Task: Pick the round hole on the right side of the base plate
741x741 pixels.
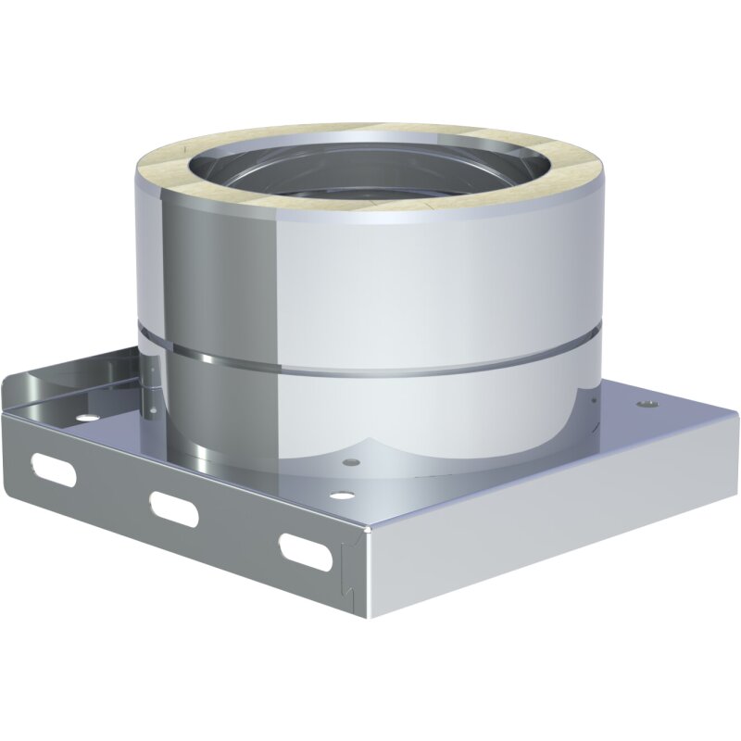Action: tap(646, 405)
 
